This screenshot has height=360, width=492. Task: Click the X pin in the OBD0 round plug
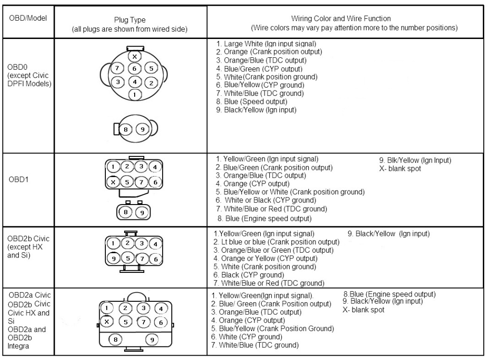coord(135,57)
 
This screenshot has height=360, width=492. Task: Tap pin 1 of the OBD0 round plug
coord(135,95)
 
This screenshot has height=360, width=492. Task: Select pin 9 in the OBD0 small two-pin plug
coord(141,129)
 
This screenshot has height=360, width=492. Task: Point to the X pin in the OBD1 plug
coord(112,182)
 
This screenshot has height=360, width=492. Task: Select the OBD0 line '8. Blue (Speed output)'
coord(252,102)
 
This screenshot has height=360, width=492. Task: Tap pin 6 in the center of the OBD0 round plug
coord(135,69)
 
